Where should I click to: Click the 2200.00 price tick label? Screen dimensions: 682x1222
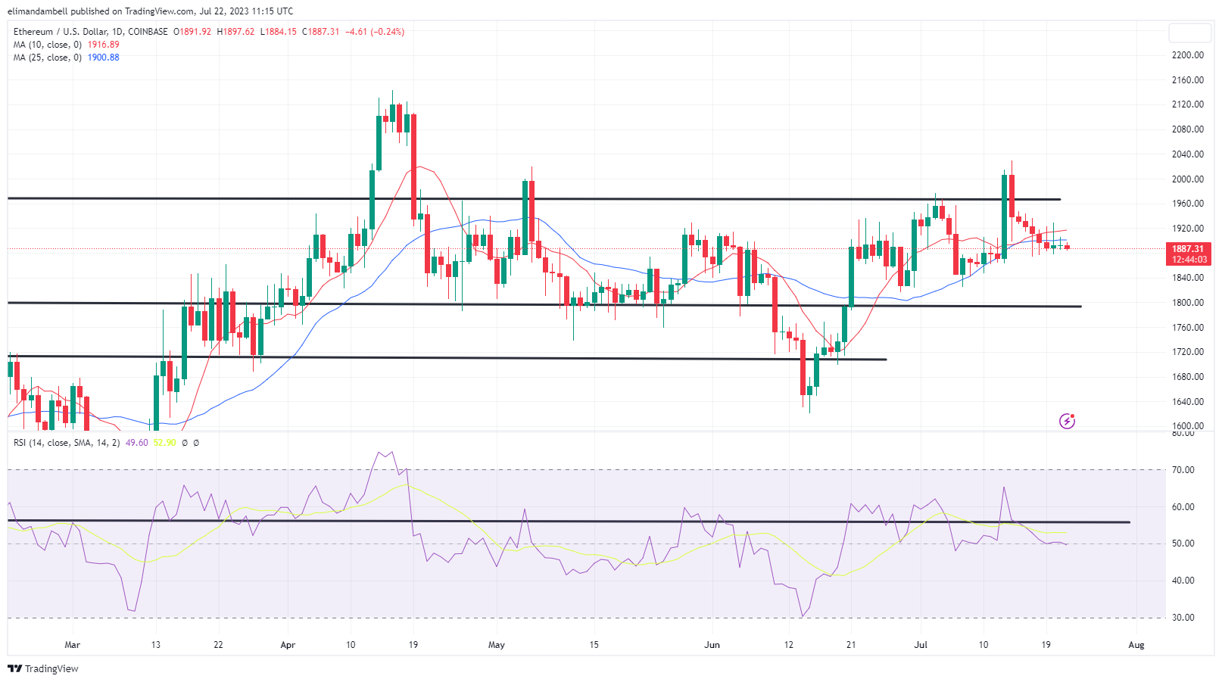[1187, 55]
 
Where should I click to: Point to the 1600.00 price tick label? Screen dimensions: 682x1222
[1187, 426]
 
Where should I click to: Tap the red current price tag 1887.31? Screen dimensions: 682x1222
[1188, 249]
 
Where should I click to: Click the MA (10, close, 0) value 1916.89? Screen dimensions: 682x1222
[104, 45]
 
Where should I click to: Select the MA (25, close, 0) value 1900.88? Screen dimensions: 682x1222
[104, 58]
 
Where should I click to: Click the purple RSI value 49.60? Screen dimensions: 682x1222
[137, 443]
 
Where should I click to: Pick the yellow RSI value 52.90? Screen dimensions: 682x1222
[164, 443]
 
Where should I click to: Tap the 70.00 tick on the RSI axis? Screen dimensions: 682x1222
[1183, 470]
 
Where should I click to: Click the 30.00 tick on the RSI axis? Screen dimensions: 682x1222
[1183, 618]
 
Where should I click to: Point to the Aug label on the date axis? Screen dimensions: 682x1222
[1136, 645]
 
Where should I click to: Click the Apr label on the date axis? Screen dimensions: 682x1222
[288, 645]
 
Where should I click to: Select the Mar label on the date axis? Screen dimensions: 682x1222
[72, 645]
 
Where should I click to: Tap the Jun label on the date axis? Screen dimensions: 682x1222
[712, 645]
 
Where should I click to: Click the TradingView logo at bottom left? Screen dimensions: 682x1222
[43, 669]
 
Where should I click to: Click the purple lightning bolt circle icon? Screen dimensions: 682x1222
[1067, 421]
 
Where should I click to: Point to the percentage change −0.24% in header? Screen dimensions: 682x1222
[386, 32]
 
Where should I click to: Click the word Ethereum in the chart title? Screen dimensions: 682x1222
[33, 32]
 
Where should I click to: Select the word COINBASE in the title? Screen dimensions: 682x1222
[148, 32]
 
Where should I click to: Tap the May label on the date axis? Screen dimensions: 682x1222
[497, 645]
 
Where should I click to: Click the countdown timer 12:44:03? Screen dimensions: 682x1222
[1189, 260]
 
